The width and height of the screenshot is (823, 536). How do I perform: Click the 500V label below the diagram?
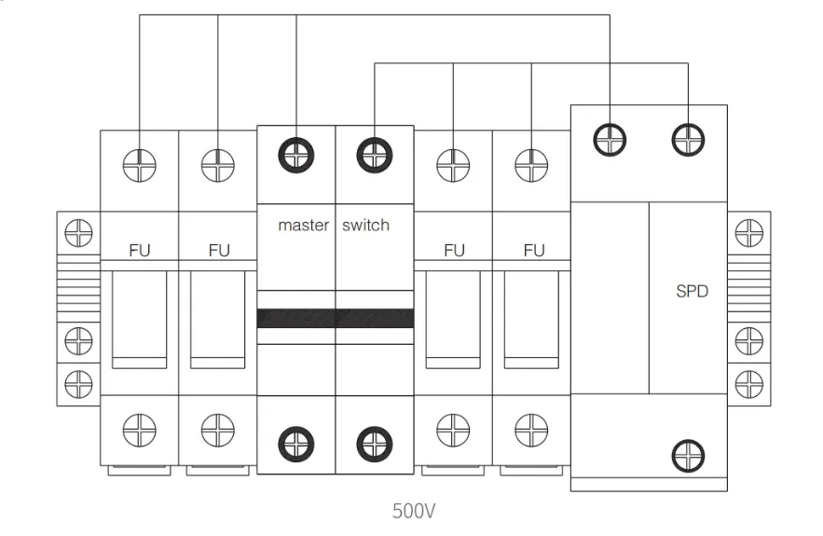pos(414,511)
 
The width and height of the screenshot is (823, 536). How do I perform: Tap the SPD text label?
pos(692,291)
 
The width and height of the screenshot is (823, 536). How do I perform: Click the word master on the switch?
pos(303,226)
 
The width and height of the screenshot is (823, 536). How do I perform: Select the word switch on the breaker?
pos(365,226)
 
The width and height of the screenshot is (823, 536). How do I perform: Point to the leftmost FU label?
pos(140,250)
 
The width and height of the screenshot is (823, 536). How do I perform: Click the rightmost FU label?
pos(533,250)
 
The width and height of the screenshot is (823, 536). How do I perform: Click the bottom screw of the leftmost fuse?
pos(140,429)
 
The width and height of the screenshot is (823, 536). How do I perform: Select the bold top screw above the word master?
pos(296,154)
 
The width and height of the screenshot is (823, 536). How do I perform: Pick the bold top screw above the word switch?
pos(375,154)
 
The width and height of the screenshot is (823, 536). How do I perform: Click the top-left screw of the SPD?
pos(610,139)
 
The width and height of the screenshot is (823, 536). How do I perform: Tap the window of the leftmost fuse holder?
pos(140,317)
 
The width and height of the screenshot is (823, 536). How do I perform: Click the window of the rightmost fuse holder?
pos(531,317)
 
